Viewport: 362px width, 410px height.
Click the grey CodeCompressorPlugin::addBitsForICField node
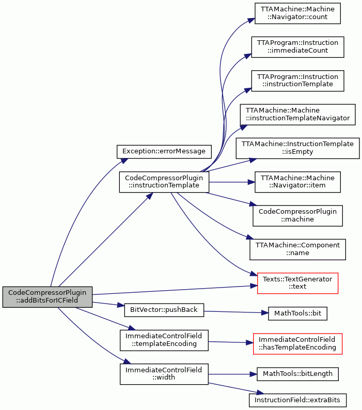pos(48,297)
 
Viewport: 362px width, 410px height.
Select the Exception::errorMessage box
pos(164,152)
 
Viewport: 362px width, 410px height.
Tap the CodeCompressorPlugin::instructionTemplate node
pos(164,182)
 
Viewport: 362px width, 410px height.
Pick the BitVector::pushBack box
pos(164,310)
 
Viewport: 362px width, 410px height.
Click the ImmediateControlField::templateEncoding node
pos(164,340)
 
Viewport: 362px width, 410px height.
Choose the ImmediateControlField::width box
pos(164,374)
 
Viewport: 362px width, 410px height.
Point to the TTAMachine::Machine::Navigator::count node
pos(297,13)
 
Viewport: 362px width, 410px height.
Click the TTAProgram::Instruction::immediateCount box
pos(297,47)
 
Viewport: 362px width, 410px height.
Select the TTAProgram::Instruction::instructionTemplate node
pos(297,81)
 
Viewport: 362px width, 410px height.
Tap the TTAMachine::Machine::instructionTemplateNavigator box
pos(297,115)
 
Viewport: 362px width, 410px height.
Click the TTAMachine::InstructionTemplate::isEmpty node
pos(297,148)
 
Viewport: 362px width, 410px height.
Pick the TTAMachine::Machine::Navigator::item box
pos(297,182)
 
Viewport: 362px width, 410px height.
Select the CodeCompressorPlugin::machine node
pos(297,216)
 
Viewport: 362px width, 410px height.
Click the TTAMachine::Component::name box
pos(297,249)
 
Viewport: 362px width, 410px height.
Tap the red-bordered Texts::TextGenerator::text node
pos(297,283)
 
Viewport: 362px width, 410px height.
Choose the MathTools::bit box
pos(297,313)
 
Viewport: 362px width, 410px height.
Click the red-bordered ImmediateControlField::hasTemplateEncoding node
pos(297,344)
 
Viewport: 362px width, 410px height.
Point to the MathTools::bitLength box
pos(297,374)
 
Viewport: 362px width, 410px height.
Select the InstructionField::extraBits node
pos(297,400)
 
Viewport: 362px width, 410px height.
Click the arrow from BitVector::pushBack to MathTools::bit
pos(236,312)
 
